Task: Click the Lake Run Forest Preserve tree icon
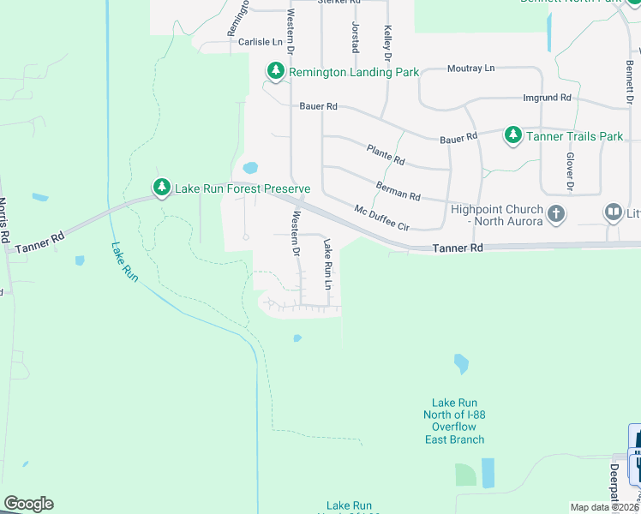click(161, 187)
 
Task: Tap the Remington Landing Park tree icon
click(275, 72)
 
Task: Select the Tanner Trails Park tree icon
click(512, 135)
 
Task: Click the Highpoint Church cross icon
click(555, 213)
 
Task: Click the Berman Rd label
click(398, 190)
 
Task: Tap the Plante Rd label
click(385, 155)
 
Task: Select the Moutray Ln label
click(471, 68)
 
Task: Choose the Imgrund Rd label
click(547, 99)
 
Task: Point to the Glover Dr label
click(569, 171)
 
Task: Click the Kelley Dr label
click(387, 41)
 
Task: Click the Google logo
click(28, 504)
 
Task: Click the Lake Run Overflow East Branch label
click(454, 421)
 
